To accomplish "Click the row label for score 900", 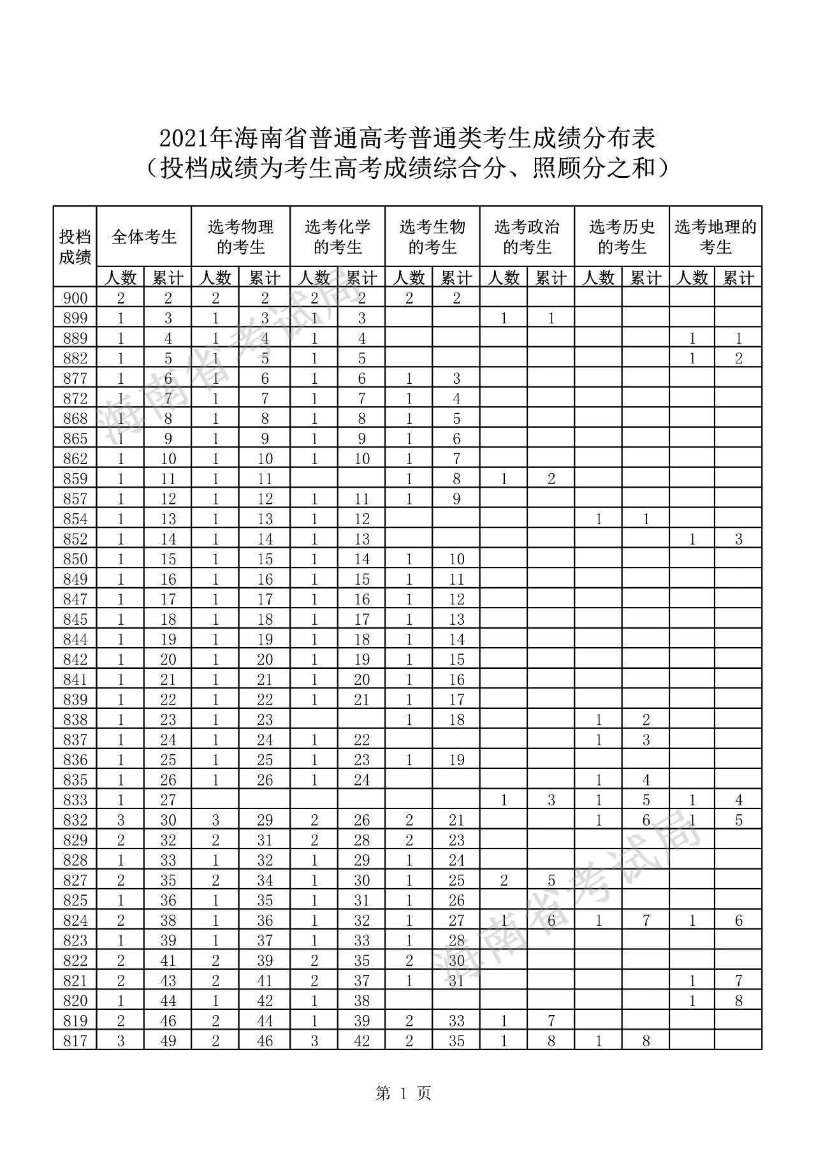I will pyautogui.click(x=75, y=298).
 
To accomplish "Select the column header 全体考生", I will pyautogui.click(x=144, y=237).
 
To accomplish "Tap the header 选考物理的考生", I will pyautogui.click(x=240, y=237).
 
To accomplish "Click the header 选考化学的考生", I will pyautogui.click(x=337, y=237).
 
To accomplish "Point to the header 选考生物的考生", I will pyautogui.click(x=432, y=237).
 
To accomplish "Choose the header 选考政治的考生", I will pyautogui.click(x=527, y=237).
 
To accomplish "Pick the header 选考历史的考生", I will pyautogui.click(x=622, y=237).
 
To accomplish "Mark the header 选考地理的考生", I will pyautogui.click(x=715, y=237).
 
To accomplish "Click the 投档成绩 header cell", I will pyautogui.click(x=75, y=247).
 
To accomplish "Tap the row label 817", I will pyautogui.click(x=75, y=1041).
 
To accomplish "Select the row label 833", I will pyautogui.click(x=75, y=800).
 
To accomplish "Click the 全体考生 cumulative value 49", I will pyautogui.click(x=168, y=1041).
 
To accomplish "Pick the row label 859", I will pyautogui.click(x=75, y=479).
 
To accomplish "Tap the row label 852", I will pyautogui.click(x=75, y=539).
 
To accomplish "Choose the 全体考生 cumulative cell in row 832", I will pyautogui.click(x=168, y=820).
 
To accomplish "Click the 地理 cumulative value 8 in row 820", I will pyautogui.click(x=738, y=1001).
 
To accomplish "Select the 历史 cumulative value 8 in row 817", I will pyautogui.click(x=646, y=1041).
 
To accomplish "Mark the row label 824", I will pyautogui.click(x=75, y=921).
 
